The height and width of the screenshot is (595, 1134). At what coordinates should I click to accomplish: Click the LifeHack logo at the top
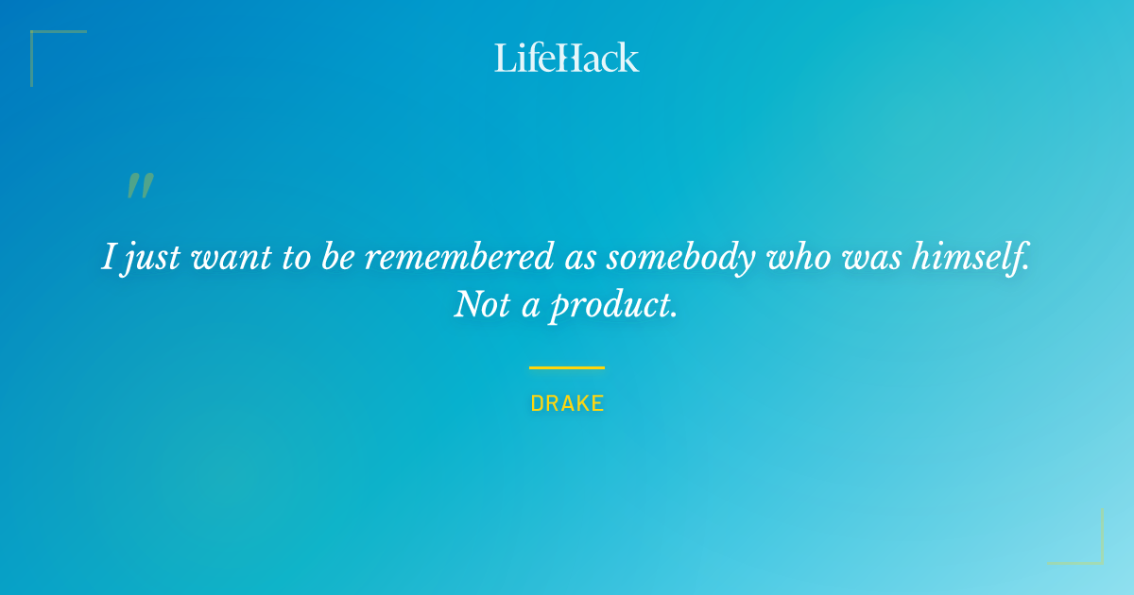(566, 58)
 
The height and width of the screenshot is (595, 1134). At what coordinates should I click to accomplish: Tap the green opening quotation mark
(140, 186)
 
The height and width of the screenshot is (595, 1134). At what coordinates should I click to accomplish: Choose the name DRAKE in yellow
(567, 404)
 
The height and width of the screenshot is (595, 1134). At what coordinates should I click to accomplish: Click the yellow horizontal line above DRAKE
(567, 367)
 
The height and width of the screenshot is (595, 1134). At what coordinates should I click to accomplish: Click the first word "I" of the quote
(110, 258)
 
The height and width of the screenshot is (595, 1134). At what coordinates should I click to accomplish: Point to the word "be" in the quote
(337, 258)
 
